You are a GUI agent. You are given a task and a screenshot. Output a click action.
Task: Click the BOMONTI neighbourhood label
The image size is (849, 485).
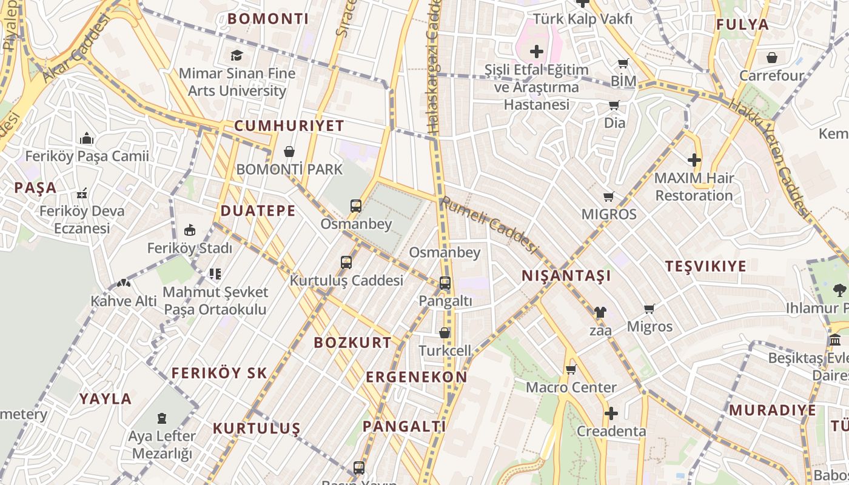pyautogui.click(x=268, y=19)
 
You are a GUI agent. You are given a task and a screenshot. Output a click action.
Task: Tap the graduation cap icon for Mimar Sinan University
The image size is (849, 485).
pyautogui.click(x=237, y=56)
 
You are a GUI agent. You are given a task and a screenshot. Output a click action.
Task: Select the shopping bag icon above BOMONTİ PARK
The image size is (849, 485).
pyautogui.click(x=289, y=151)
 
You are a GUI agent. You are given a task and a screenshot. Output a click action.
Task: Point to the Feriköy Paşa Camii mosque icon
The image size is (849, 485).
pyautogui.click(x=87, y=139)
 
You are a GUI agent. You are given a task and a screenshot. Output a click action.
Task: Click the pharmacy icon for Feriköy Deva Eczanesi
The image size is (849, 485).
pyautogui.click(x=82, y=194)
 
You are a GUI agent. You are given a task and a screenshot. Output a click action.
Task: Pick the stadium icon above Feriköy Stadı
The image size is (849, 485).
pyautogui.click(x=190, y=230)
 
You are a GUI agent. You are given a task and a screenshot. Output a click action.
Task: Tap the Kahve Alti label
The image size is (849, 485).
pyautogui.click(x=124, y=301)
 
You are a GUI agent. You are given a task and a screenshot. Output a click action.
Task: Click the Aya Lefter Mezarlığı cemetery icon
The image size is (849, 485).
pyautogui.click(x=162, y=418)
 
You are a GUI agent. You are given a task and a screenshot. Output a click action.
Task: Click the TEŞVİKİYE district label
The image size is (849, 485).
pyautogui.click(x=705, y=266)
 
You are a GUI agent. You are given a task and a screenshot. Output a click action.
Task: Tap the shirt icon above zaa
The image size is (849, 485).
pyautogui.click(x=600, y=312)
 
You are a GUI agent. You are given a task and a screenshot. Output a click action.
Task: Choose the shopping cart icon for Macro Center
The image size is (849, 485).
pyautogui.click(x=571, y=369)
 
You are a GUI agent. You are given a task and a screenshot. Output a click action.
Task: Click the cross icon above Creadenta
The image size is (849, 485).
pyautogui.click(x=611, y=414)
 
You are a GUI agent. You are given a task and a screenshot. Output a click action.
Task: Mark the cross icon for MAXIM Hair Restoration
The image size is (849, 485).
pyautogui.click(x=694, y=160)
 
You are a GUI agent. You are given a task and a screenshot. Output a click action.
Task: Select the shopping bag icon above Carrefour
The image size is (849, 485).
pyautogui.click(x=772, y=58)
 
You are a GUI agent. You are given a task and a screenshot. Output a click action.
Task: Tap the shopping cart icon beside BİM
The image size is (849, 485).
pyautogui.click(x=623, y=64)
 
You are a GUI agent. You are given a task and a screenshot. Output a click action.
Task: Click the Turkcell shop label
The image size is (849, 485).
pyautogui.click(x=445, y=350)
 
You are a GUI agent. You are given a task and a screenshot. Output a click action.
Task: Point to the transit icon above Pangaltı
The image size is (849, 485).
pyautogui.click(x=445, y=283)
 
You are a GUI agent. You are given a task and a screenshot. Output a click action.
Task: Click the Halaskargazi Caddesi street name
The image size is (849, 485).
pyautogui.click(x=434, y=67)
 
